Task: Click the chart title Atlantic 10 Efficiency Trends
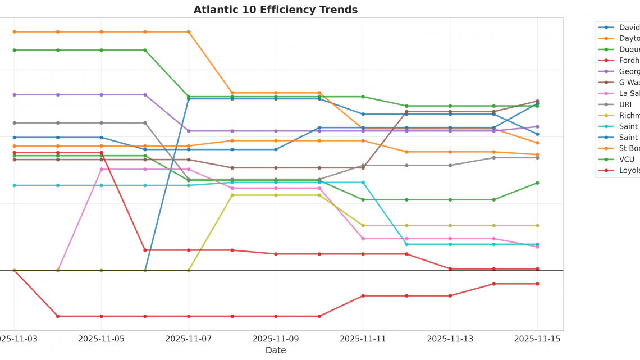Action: pos(276,10)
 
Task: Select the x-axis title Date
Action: pos(276,350)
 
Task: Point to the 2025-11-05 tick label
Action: pos(102,339)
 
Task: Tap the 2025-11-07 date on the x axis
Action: pos(189,339)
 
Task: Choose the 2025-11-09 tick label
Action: pos(276,339)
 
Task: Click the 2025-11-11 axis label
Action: pos(363,339)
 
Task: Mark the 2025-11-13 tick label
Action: pos(450,339)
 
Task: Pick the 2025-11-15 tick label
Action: pos(537,339)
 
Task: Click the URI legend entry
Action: pos(625,104)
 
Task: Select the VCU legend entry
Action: pos(626,160)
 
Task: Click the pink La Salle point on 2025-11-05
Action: pos(102,169)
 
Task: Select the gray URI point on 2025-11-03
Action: pos(15,122)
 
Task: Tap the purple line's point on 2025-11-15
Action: pos(537,127)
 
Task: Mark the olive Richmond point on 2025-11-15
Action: pos(537,225)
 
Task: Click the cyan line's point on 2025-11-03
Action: pos(15,185)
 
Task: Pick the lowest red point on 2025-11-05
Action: pos(102,316)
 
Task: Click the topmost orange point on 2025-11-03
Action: pos(15,32)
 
